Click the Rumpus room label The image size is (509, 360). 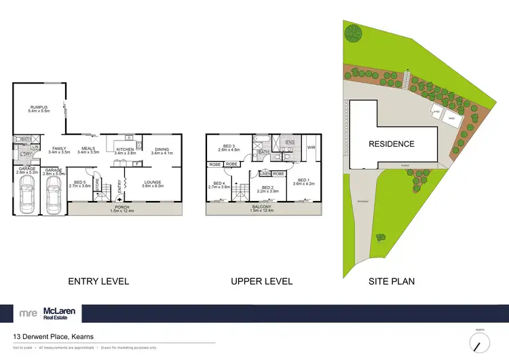point(37,108)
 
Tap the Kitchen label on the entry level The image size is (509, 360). point(126,151)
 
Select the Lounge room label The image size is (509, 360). point(151,183)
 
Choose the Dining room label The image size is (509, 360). point(162,151)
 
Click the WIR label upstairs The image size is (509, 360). point(312,147)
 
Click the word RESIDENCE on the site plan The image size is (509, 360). point(392,144)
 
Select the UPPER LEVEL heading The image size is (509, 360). point(261,281)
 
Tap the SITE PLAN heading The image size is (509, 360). point(391,281)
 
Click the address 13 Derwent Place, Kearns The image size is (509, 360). point(54,336)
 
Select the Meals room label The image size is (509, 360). point(88,150)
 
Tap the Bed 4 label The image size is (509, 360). point(221,185)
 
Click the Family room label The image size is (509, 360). point(59,150)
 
